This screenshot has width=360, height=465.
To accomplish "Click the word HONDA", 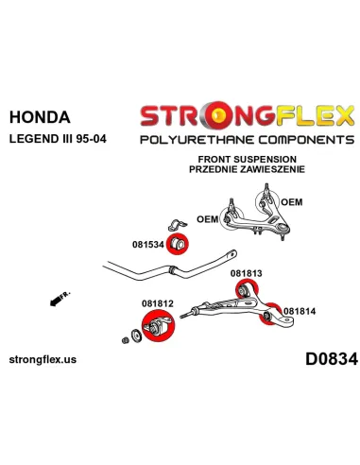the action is point(40,117).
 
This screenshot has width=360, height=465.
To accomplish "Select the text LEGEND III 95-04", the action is point(58,139).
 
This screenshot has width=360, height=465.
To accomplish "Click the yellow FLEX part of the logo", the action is point(316,115).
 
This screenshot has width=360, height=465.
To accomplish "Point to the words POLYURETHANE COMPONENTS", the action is point(248,140).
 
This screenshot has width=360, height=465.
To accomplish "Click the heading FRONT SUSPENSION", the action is point(248,159).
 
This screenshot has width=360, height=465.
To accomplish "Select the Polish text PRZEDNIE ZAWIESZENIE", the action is point(247,169).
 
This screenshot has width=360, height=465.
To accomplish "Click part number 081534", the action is point(148,245).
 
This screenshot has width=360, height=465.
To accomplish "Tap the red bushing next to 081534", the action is point(177,244).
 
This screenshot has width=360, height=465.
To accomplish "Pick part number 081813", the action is point(247,273).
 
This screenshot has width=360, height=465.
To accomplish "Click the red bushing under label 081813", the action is point(247,289).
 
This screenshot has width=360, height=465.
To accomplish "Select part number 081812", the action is point(158,303).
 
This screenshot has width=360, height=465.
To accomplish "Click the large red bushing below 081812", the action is point(158,325).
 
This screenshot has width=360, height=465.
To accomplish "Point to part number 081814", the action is point(300,311).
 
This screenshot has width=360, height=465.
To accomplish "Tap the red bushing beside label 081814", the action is point(269,314).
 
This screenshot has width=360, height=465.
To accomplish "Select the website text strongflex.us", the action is point(43,359).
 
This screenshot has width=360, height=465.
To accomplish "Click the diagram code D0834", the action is point(332,359).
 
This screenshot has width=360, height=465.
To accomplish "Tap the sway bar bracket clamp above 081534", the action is point(178,224).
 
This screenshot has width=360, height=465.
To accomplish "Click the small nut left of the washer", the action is point(126,340).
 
